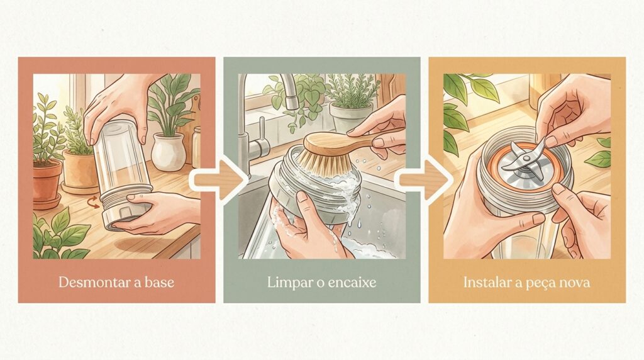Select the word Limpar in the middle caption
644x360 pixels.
coord(287,283)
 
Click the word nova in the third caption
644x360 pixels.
coord(576,284)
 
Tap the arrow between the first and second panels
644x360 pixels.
coord(219,180)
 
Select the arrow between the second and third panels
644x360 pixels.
coord(425,180)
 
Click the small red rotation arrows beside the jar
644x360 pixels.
coord(94,202)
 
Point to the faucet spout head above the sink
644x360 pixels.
coord(291,100)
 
